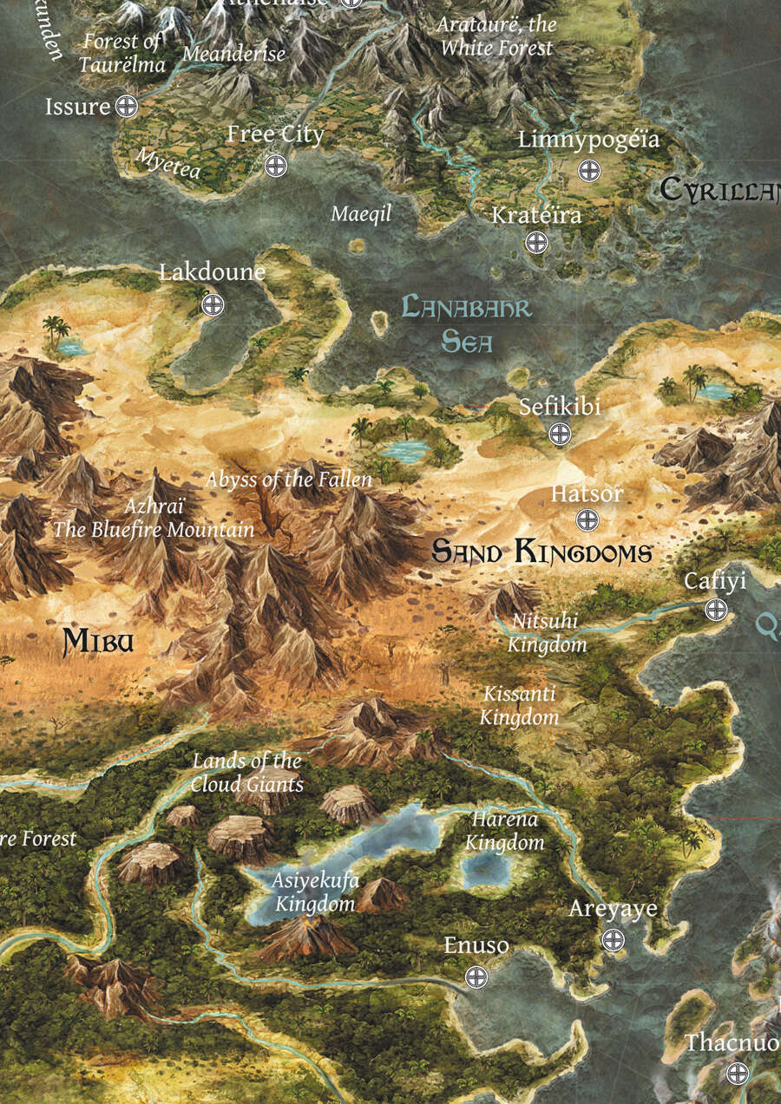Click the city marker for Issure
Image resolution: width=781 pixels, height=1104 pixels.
(127, 107)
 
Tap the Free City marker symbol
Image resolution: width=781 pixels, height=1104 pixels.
(276, 165)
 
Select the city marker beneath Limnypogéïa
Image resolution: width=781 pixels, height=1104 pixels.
(589, 170)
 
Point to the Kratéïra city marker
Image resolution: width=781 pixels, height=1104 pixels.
(536, 242)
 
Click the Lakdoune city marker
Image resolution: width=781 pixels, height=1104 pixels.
(213, 304)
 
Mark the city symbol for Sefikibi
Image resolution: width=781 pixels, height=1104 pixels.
(561, 434)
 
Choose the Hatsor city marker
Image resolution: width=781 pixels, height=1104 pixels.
(587, 520)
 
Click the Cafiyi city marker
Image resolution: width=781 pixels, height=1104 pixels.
(716, 609)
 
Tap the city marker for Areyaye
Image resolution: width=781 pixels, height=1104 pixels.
(614, 940)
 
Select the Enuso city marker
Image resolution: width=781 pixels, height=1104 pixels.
(476, 977)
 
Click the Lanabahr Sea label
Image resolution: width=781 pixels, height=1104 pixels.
(467, 323)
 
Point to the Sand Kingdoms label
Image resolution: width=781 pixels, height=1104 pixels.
(541, 552)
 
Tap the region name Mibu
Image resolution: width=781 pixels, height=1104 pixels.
(100, 642)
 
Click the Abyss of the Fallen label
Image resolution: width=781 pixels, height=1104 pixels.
(288, 479)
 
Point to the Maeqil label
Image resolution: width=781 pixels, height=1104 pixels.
(362, 213)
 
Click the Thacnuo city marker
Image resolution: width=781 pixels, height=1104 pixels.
(737, 1073)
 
